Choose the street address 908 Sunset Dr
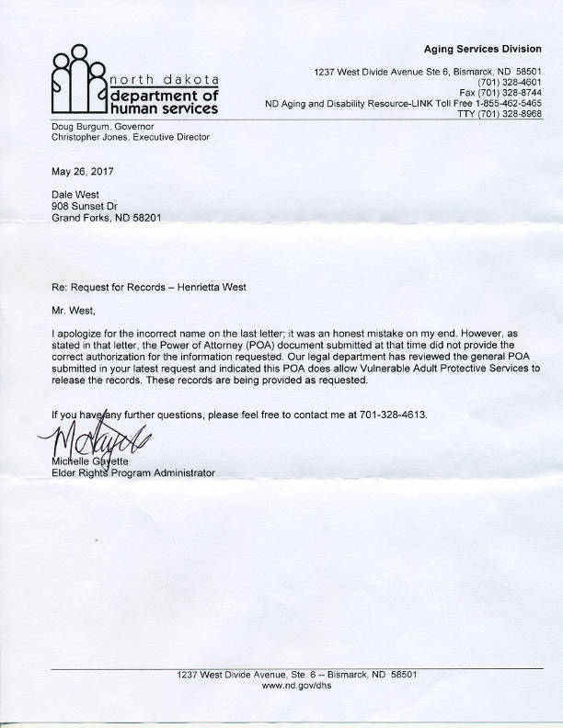[x=80, y=209]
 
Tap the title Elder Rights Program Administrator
[x=132, y=473]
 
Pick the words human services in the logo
[x=165, y=108]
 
